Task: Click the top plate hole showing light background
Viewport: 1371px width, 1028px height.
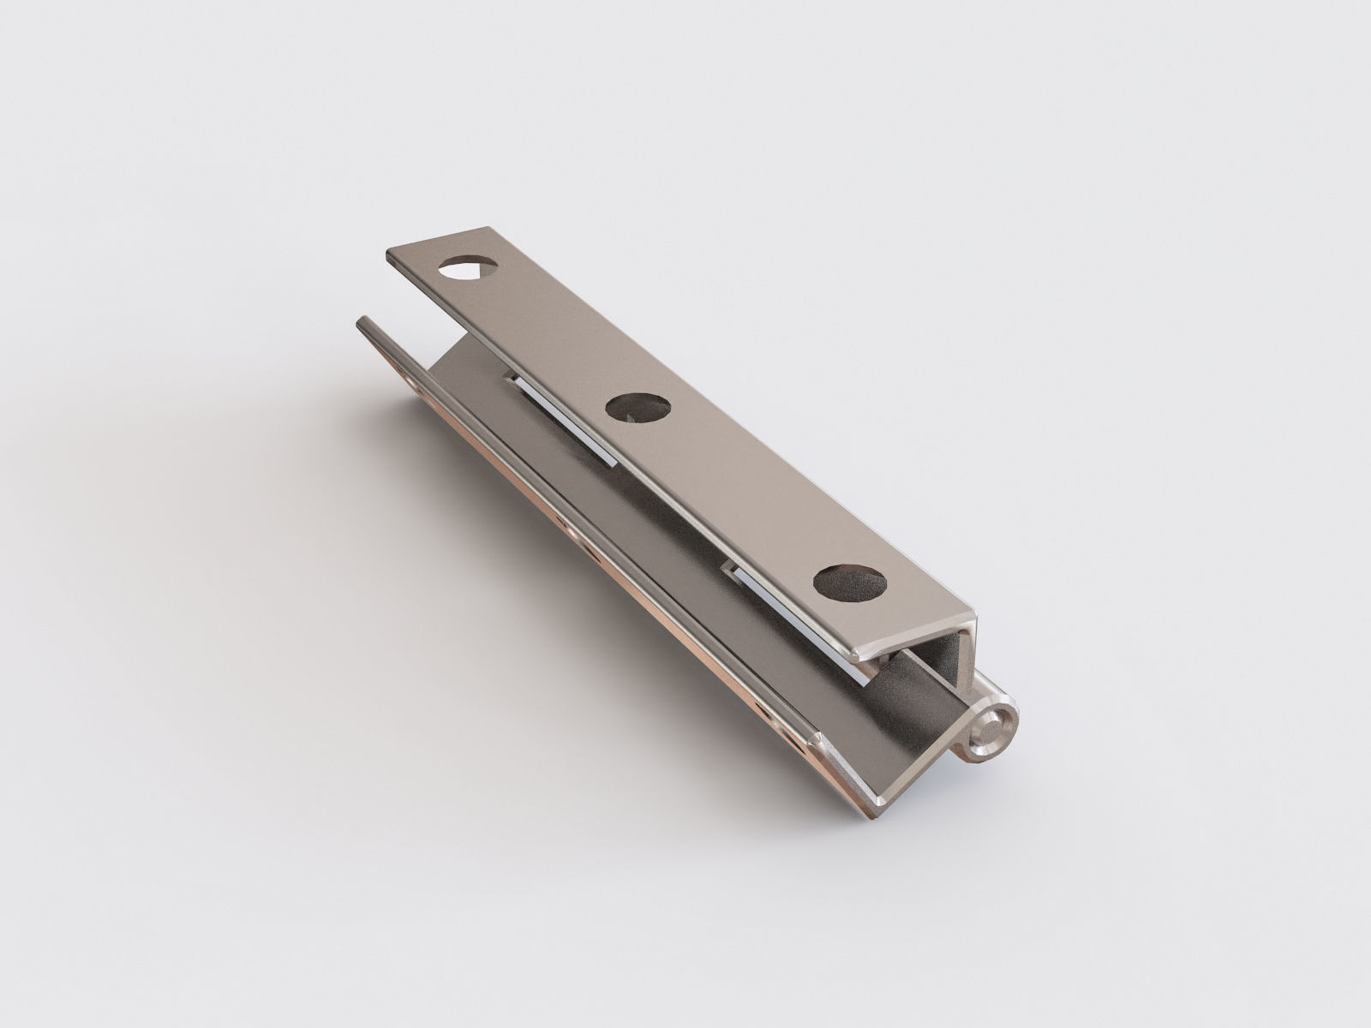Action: coord(468,269)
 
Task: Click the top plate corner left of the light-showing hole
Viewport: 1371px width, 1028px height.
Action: coord(391,258)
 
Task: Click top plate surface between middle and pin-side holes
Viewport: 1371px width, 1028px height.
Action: coord(745,497)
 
